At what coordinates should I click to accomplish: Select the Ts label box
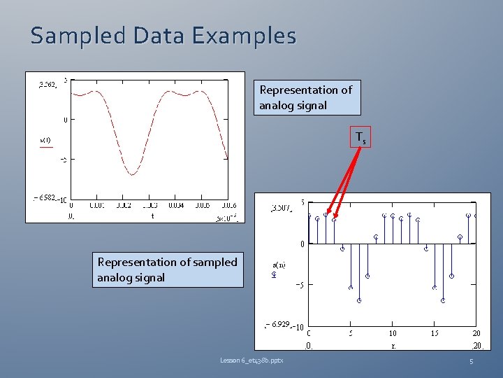click(x=360, y=138)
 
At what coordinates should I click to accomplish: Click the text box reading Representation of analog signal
click(x=307, y=97)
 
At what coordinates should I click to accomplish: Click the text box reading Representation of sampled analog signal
click(x=168, y=269)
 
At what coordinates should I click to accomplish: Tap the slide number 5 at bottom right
click(x=471, y=361)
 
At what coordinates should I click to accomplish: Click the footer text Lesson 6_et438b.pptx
click(x=256, y=360)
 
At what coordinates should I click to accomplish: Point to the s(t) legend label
click(x=45, y=140)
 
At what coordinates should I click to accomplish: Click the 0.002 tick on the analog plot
click(x=123, y=206)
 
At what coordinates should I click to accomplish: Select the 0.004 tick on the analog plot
click(x=175, y=206)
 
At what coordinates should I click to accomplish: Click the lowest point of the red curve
click(x=131, y=174)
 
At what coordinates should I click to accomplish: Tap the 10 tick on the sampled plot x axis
click(x=393, y=334)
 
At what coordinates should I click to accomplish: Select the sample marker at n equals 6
click(x=359, y=300)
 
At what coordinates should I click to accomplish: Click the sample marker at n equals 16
click(x=443, y=300)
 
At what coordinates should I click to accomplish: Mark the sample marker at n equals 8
click(x=376, y=237)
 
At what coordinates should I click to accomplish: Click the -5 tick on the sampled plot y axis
click(x=297, y=285)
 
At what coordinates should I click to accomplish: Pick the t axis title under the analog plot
click(x=153, y=216)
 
